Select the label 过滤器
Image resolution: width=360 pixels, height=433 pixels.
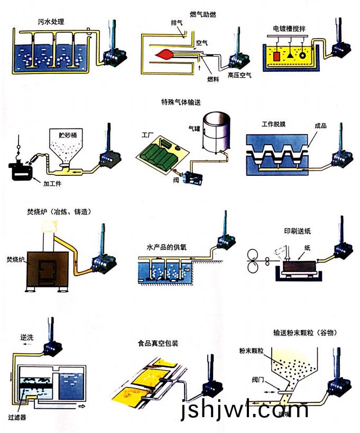tap(17, 417)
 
